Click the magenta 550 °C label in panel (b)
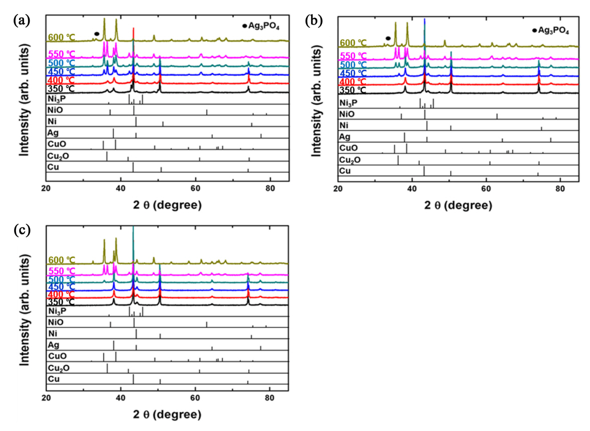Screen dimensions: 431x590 click(353, 55)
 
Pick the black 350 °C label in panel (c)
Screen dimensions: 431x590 click(61, 302)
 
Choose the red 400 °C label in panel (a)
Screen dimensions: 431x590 click(61, 81)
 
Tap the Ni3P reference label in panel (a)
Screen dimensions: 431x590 click(55, 99)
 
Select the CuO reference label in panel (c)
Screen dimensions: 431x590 click(56, 356)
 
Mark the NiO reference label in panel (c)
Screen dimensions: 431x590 click(55, 322)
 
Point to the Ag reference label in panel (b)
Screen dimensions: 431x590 click(345, 136)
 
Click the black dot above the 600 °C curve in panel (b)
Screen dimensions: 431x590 click(388, 38)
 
